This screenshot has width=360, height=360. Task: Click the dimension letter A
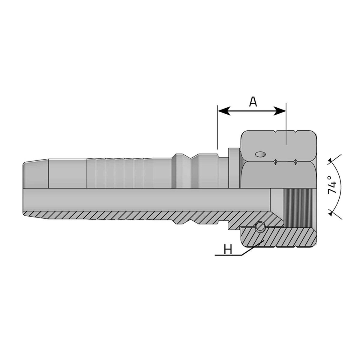click(253, 102)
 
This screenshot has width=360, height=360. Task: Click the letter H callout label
click(228, 249)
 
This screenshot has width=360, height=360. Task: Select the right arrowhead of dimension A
click(280, 111)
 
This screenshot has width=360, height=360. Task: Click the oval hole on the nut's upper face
click(260, 154)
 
